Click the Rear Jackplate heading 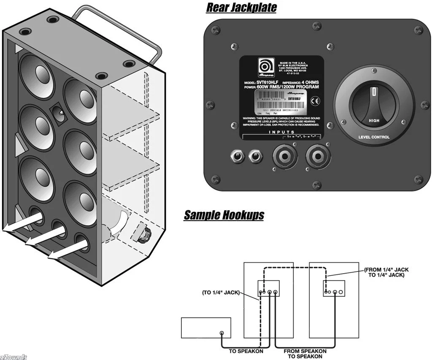pyautogui.click(x=241, y=8)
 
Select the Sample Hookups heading pyautogui.click(x=224, y=215)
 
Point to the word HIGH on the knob pyautogui.click(x=374, y=121)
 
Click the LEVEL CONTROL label pyautogui.click(x=374, y=137)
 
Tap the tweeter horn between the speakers pyautogui.click(x=59, y=113)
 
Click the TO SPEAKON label pyautogui.click(x=246, y=351)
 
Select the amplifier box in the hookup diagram pyautogui.click(x=205, y=328)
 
